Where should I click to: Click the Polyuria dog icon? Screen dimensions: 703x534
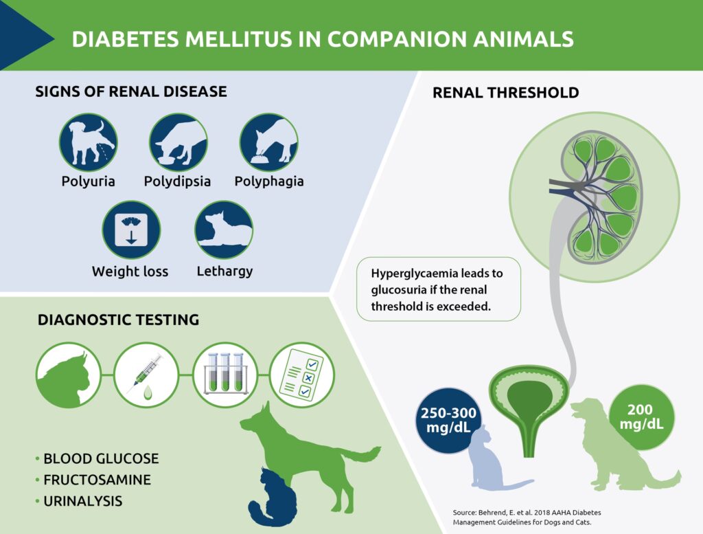89,142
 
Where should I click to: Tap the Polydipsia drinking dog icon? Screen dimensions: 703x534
178,142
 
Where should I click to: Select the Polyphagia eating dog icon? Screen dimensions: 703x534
269,142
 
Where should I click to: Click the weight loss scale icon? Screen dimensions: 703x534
131,230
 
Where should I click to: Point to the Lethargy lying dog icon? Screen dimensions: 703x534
224,230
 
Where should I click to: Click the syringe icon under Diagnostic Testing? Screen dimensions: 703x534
147,375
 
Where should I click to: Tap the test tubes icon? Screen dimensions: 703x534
225,375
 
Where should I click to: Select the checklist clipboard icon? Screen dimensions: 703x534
302,375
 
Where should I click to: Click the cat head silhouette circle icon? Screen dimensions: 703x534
69,375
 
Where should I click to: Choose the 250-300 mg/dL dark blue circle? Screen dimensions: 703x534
448,421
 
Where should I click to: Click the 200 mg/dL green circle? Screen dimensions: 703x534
642,417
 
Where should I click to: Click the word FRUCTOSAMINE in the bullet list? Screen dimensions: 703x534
97,480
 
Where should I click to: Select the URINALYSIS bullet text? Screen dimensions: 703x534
82,501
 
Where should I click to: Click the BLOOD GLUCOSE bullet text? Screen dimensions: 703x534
101,458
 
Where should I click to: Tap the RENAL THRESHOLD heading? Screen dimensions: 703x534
506,93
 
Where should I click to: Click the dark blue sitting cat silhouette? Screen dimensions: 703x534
273,497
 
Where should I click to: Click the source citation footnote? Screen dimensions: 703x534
527,518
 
